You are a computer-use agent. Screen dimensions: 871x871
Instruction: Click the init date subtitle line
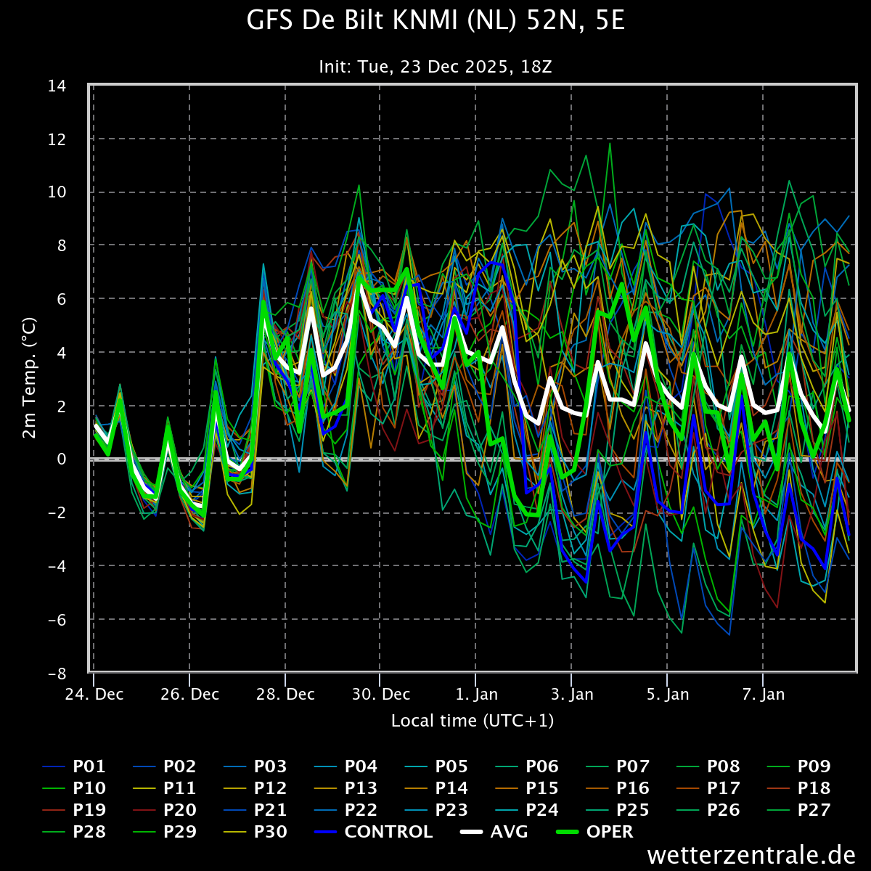click(x=435, y=67)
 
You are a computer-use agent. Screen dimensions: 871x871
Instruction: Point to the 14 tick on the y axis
click(x=57, y=86)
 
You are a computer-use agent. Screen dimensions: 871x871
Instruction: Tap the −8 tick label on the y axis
click(x=57, y=674)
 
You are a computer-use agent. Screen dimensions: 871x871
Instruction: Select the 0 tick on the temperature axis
click(x=62, y=459)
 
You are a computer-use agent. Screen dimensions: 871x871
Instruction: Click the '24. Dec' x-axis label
click(x=94, y=695)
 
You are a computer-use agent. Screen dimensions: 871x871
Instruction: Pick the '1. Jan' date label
click(x=476, y=695)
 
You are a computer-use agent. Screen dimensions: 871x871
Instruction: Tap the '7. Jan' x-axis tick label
click(x=764, y=695)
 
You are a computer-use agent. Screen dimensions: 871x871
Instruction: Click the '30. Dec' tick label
click(x=380, y=695)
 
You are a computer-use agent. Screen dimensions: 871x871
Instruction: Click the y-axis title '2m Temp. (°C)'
click(x=29, y=378)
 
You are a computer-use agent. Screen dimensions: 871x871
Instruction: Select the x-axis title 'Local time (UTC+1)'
click(x=473, y=721)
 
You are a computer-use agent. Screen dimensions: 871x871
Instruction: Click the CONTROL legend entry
click(x=373, y=832)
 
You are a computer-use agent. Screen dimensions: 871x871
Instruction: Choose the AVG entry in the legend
click(x=494, y=832)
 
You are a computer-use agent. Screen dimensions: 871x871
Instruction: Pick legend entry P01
click(x=74, y=766)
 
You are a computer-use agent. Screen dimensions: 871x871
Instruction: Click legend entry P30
click(x=255, y=832)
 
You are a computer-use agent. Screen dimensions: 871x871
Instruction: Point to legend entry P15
click(x=527, y=788)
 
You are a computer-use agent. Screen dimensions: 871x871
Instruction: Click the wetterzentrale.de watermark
click(x=751, y=855)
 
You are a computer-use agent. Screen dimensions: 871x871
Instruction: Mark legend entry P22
click(x=345, y=810)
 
